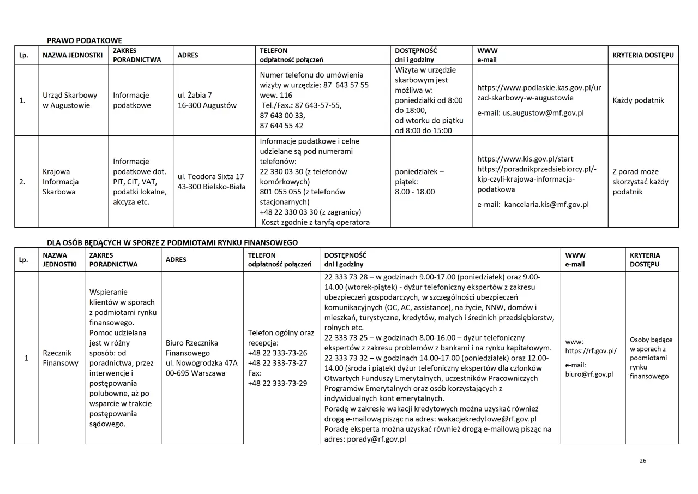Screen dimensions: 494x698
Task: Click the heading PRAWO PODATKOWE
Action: click(85, 40)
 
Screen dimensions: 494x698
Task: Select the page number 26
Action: click(642, 461)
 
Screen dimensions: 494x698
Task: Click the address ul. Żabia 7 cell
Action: click(195, 95)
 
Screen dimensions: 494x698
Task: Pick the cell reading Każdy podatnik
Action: click(638, 100)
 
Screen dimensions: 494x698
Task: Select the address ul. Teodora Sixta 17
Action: click(210, 176)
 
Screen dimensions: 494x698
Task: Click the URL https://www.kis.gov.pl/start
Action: click(525, 159)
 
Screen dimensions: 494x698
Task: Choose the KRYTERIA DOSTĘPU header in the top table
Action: click(643, 55)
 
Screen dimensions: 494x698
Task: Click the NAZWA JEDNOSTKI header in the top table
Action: click(73, 55)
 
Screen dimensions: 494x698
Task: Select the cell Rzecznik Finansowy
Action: click(61, 358)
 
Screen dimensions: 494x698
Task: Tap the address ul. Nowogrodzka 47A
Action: click(201, 363)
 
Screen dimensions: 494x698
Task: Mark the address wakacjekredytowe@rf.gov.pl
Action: click(489, 419)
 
